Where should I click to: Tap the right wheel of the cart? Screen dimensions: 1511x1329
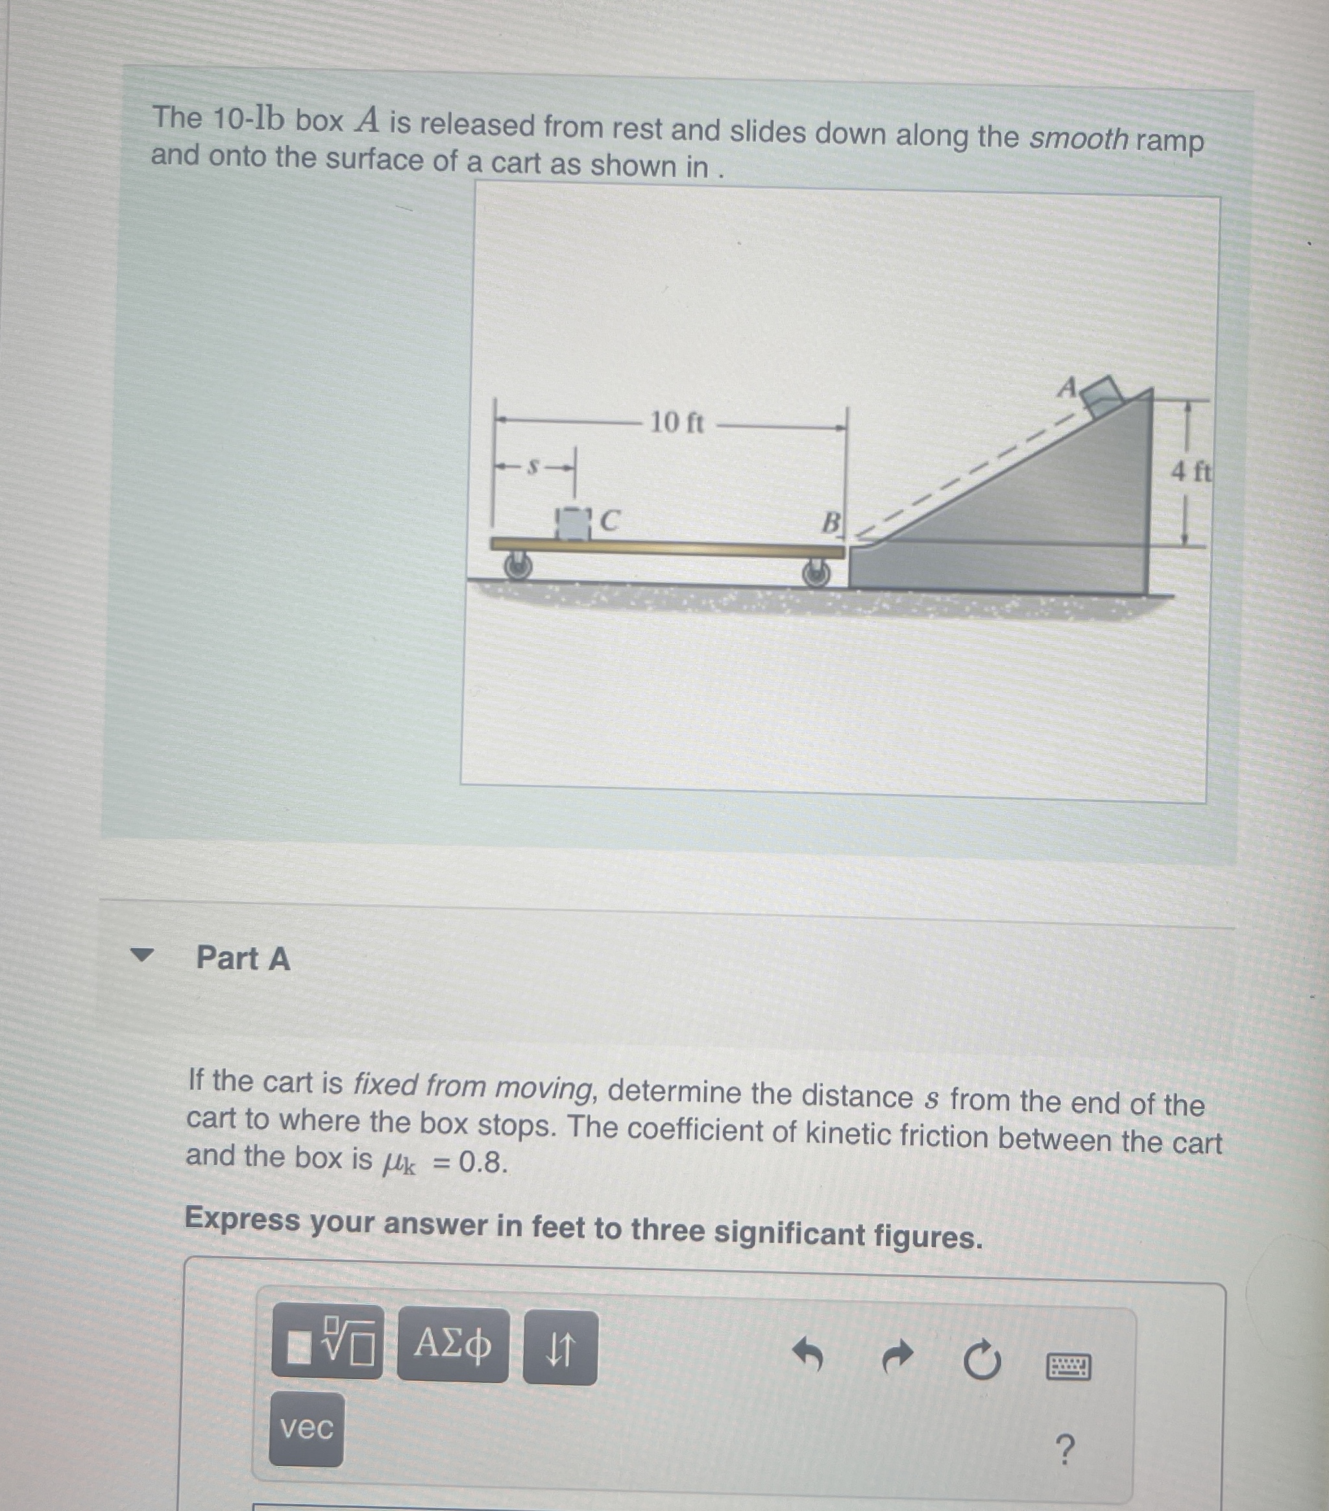816,572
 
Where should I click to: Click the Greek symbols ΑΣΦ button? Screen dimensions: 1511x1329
452,1345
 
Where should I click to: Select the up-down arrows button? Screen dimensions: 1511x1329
559,1347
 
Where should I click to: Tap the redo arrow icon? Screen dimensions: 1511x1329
898,1357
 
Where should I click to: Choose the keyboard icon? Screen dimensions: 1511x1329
1068,1367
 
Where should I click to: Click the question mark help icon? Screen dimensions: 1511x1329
1064,1451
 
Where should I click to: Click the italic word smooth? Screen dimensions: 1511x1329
1079,138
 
